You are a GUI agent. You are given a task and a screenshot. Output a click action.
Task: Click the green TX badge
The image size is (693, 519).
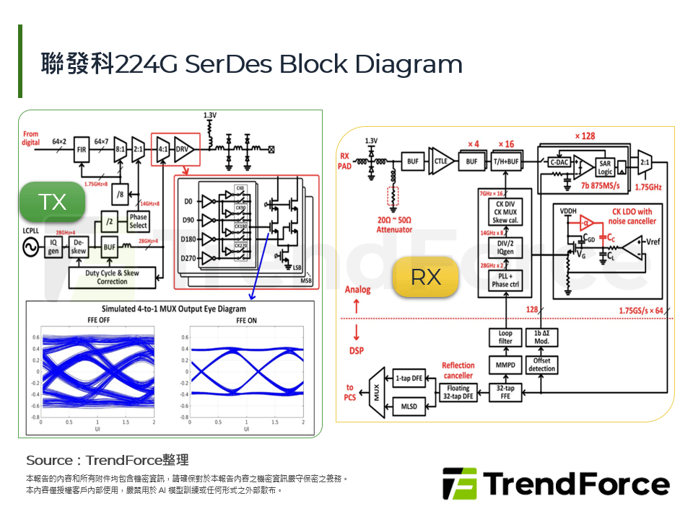53,202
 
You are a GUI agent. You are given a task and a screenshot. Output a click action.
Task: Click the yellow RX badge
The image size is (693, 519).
426,277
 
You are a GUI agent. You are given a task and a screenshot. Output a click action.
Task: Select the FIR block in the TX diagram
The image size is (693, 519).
81,150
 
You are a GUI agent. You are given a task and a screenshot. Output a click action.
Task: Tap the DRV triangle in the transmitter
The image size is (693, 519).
183,150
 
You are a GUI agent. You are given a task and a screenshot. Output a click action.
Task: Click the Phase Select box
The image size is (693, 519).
138,221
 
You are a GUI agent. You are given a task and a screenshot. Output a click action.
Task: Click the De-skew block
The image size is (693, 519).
79,248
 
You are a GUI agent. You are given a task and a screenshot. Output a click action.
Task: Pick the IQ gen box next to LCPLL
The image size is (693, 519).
53,248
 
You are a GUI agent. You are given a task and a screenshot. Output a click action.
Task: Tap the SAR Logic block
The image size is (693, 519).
605,167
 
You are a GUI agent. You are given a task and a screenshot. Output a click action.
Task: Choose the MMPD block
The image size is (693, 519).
505,365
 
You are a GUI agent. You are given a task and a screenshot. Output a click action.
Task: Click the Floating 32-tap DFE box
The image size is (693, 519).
458,393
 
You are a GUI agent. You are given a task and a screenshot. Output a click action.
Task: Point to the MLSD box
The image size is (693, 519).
409,407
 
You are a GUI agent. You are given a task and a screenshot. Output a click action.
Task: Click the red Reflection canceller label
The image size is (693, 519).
458,371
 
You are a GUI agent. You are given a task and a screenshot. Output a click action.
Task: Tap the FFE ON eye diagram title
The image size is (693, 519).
246,321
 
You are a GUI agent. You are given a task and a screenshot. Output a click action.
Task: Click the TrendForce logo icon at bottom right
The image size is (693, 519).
460,484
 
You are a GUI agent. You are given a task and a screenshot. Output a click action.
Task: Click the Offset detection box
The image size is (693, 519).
541,365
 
